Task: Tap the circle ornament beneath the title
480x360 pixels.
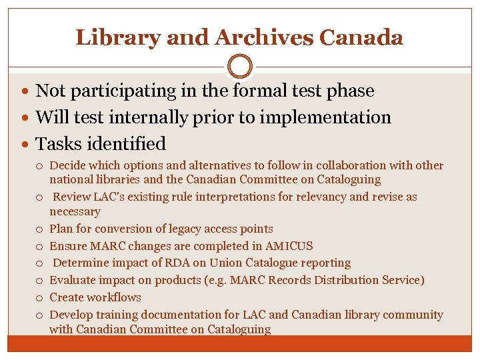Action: (239, 67)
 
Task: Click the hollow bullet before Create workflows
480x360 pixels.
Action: (41, 298)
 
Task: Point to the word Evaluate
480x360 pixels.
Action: (72, 281)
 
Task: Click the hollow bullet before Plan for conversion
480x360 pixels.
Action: (41, 229)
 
